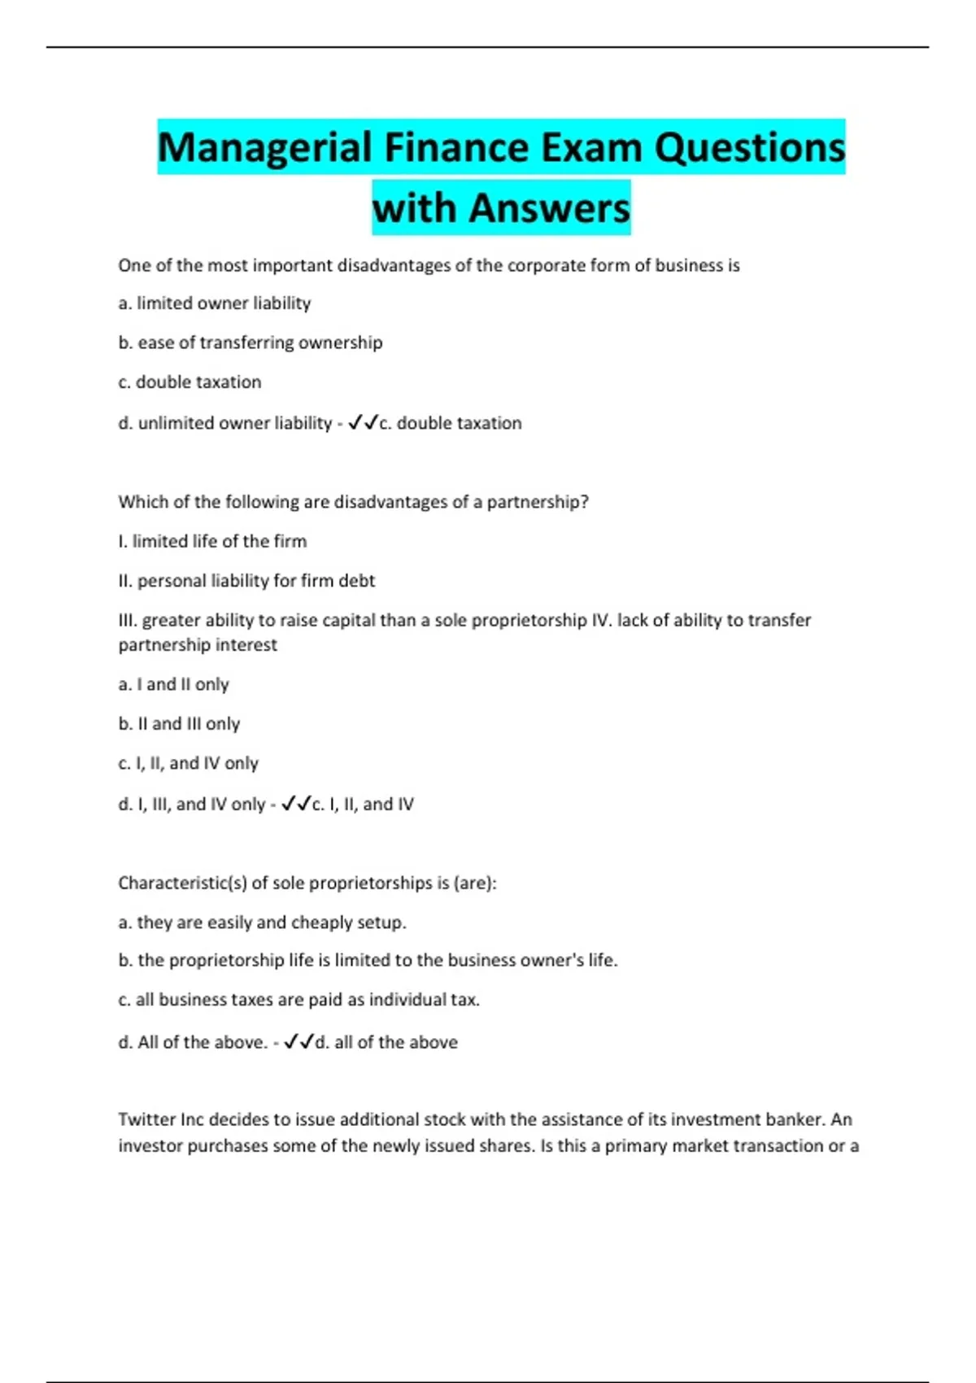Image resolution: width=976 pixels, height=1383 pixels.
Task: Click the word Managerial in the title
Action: coord(264,148)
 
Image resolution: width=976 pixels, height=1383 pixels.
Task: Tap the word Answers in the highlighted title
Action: coord(549,208)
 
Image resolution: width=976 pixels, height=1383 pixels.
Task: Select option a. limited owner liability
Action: coord(215,303)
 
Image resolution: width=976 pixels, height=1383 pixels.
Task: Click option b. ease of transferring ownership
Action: coord(251,342)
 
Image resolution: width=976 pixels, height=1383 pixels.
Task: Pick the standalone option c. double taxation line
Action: coord(190,382)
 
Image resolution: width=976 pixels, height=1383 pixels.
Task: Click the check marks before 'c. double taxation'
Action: coord(363,423)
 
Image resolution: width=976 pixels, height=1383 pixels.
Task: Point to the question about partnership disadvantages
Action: coord(353,502)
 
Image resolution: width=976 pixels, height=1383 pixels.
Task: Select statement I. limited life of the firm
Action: coord(212,542)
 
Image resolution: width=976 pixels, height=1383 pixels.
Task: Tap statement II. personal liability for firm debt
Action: coord(246,581)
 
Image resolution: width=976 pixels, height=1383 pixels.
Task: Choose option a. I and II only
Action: coord(173,685)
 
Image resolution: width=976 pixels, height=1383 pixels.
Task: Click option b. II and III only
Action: coord(179,724)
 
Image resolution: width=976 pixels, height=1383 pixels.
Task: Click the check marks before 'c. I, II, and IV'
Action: coord(296,805)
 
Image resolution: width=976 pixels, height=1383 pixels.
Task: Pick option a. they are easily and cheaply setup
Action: coord(262,923)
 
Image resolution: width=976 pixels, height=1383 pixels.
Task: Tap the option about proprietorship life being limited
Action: coord(368,961)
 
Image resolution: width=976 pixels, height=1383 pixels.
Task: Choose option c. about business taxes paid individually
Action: coord(298,1000)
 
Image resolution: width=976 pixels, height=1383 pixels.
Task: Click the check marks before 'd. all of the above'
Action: coord(298,1042)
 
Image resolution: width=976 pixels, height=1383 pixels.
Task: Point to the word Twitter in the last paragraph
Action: coord(146,1119)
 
